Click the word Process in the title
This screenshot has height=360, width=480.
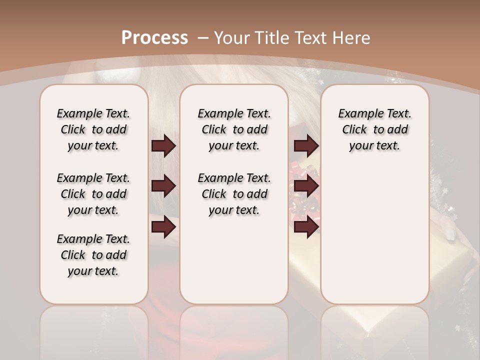[x=154, y=37]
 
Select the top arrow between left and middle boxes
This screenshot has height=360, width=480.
[x=163, y=145]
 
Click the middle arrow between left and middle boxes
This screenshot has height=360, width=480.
[x=163, y=186]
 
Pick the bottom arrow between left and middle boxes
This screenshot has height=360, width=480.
[x=163, y=227]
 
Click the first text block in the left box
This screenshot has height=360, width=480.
[x=93, y=129]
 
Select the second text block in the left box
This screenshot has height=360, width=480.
[x=93, y=194]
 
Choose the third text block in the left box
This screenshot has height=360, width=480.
[x=93, y=255]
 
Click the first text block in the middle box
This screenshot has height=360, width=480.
[x=234, y=129]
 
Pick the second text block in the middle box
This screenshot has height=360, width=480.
[x=234, y=194]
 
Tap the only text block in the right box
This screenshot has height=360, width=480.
[x=374, y=129]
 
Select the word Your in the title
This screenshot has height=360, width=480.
[x=233, y=38]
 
